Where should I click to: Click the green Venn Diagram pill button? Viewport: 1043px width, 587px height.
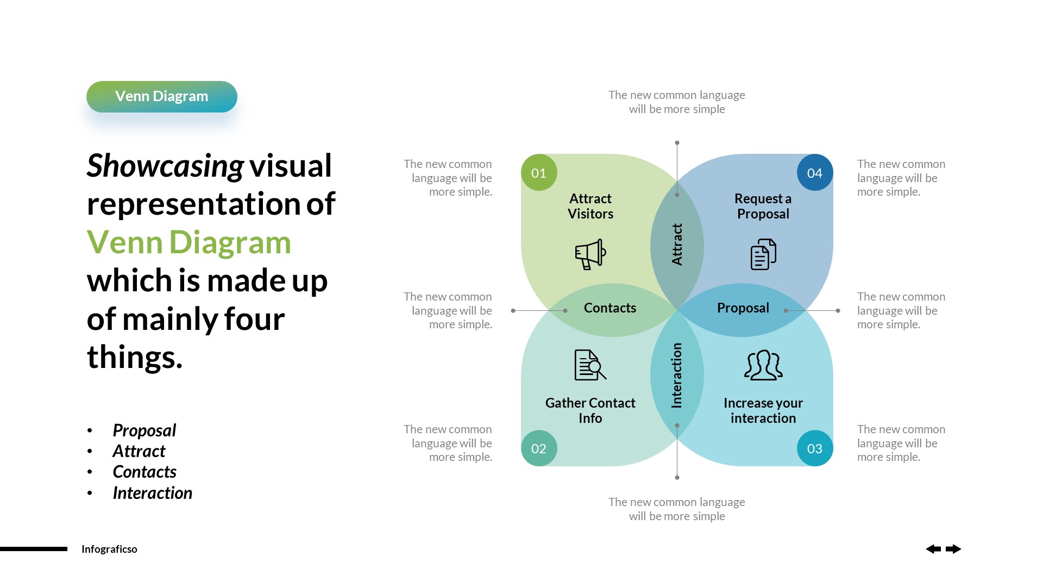[161, 97]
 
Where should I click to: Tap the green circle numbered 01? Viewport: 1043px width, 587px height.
[539, 173]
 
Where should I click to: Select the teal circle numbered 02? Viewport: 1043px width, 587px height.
[539, 448]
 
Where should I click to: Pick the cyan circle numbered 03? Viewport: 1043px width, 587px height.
[814, 448]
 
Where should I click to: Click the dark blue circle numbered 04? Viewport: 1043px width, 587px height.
[814, 173]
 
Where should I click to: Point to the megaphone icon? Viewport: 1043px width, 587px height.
[590, 254]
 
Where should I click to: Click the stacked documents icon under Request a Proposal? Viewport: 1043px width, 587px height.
[763, 254]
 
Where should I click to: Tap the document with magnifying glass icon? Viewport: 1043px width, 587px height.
[590, 365]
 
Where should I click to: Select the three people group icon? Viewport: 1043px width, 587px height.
[763, 365]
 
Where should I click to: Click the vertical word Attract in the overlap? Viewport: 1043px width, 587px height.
[677, 245]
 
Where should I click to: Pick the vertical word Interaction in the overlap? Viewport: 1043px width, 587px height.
[677, 375]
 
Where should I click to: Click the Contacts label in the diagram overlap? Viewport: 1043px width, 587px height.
[610, 308]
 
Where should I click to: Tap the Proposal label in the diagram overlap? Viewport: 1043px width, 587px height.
[743, 308]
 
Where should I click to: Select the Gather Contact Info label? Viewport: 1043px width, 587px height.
[590, 410]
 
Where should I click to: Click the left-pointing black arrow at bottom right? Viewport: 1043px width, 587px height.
[933, 549]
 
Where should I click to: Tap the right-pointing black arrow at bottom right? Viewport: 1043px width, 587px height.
[953, 549]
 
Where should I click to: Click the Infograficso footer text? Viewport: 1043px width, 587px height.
[109, 549]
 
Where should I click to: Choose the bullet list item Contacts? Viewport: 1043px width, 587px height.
[144, 472]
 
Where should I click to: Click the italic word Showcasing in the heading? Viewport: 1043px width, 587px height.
[165, 166]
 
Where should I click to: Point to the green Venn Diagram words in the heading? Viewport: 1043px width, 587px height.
[189, 242]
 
